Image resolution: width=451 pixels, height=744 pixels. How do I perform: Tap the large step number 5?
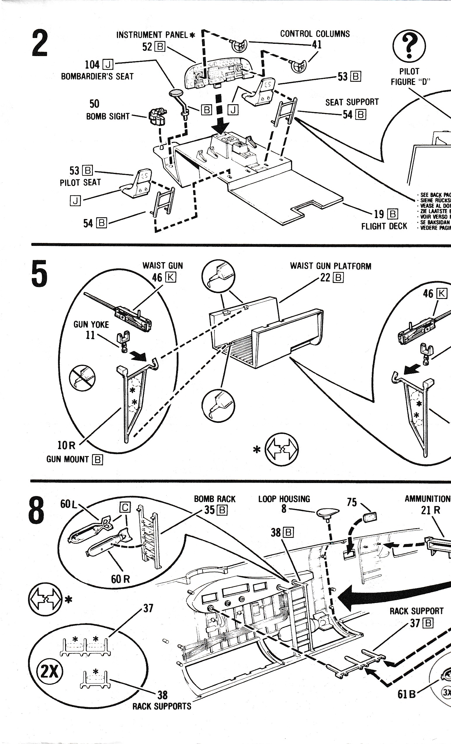click(x=39, y=274)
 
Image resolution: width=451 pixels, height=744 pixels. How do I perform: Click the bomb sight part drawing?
click(x=157, y=117)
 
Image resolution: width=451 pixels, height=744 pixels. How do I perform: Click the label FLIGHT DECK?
click(x=384, y=226)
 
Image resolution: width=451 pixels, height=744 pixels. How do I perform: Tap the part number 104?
click(x=92, y=65)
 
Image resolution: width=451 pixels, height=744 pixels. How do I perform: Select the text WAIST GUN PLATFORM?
click(x=330, y=266)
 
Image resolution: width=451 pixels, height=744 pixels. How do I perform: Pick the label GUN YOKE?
click(x=91, y=325)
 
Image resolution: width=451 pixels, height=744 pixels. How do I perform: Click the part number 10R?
click(x=66, y=445)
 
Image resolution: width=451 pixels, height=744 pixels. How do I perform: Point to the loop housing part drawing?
click(x=328, y=512)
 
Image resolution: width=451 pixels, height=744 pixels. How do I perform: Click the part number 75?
click(x=352, y=502)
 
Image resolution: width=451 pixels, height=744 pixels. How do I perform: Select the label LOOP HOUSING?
click(x=284, y=499)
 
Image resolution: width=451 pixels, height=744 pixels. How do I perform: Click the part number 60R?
click(x=120, y=579)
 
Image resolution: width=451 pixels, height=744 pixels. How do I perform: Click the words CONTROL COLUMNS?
click(x=315, y=34)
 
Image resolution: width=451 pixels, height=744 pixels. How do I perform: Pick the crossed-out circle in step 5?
click(x=82, y=378)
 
